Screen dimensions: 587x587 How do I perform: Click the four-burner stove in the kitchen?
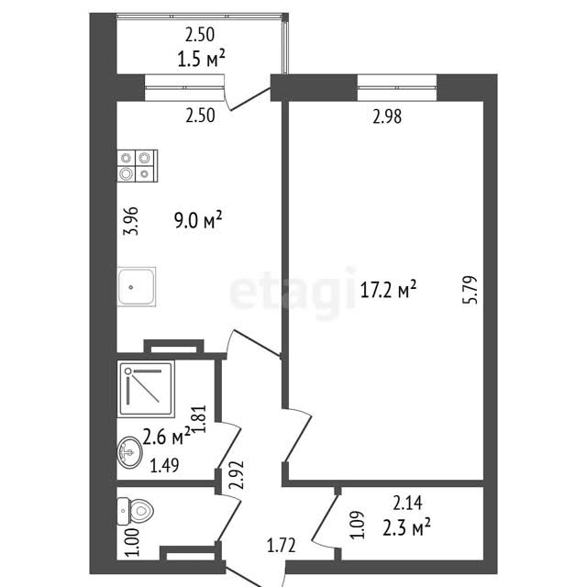(x=138, y=166)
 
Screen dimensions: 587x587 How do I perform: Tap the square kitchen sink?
(x=137, y=287)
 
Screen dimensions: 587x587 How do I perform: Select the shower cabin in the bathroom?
(x=146, y=389)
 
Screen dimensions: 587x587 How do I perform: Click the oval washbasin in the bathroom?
(x=130, y=452)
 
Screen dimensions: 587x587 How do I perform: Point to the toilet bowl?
(x=136, y=511)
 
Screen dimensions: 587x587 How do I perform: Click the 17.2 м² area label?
(x=388, y=290)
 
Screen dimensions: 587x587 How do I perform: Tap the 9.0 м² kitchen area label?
(x=198, y=220)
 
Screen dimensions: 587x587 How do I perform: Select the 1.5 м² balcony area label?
(x=201, y=59)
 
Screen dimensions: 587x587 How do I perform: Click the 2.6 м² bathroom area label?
(x=167, y=437)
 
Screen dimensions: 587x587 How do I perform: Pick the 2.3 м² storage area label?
(x=406, y=527)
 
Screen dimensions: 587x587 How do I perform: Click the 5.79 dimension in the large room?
(x=471, y=290)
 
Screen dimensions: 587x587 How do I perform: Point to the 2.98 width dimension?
(x=387, y=116)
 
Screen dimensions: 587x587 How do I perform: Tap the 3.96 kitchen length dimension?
(x=131, y=221)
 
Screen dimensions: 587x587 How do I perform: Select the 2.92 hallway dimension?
(x=238, y=475)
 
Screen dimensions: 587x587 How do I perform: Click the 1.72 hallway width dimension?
(x=282, y=545)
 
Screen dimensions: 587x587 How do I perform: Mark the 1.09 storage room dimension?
(x=357, y=525)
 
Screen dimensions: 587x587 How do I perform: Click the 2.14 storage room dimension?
(x=407, y=503)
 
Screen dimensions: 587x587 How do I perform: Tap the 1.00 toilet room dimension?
(x=133, y=542)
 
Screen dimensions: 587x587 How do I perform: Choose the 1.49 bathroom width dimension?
(x=164, y=465)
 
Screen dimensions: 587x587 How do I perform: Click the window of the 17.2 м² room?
(x=397, y=88)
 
